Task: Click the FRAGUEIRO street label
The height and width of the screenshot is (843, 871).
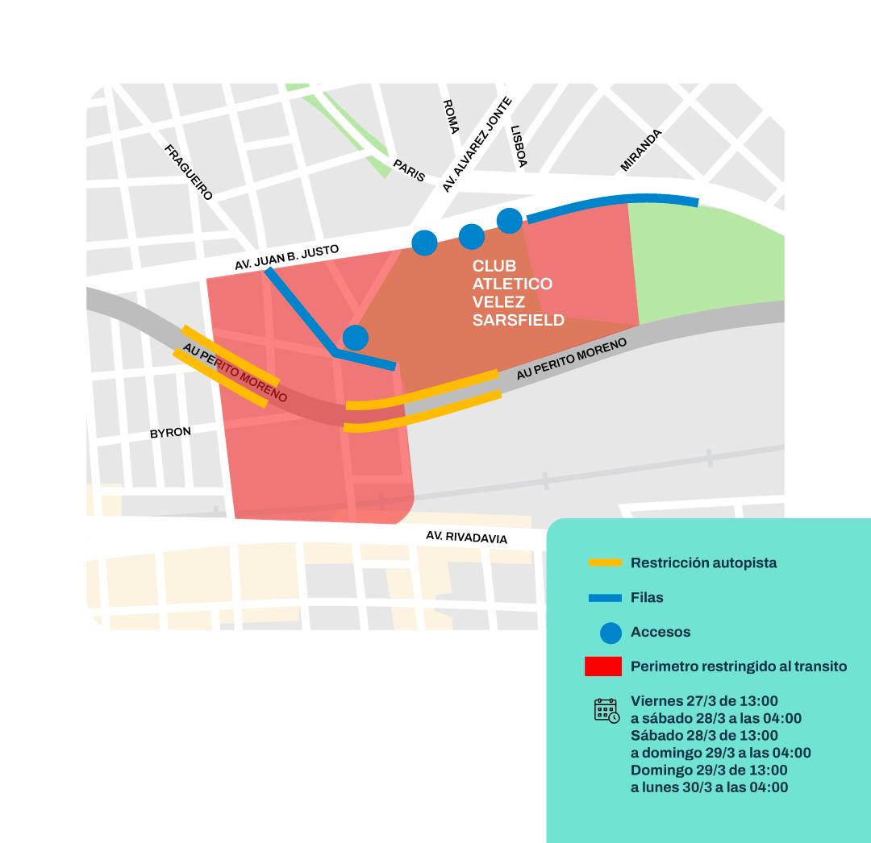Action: (189, 172)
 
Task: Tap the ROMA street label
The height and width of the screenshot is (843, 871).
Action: (450, 117)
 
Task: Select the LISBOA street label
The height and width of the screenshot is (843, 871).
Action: (519, 146)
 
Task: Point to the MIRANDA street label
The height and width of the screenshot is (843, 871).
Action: (640, 151)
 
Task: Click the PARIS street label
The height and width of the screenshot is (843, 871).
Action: (409, 170)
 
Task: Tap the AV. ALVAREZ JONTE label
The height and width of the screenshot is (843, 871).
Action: (477, 145)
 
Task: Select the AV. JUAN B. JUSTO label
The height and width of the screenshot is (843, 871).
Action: (286, 257)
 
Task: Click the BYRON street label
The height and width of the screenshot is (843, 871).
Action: (170, 433)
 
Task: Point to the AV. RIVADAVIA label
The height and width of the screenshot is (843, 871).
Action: (466, 537)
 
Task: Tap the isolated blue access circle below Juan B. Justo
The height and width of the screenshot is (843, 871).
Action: (355, 337)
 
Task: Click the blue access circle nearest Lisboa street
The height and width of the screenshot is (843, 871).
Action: (509, 220)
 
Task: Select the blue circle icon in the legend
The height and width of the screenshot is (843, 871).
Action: (611, 633)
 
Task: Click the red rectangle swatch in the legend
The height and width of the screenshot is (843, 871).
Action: (603, 667)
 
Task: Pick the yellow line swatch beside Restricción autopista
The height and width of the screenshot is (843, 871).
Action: (605, 563)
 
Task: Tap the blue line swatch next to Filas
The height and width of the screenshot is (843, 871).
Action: (605, 598)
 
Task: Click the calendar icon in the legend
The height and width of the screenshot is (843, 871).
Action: (606, 710)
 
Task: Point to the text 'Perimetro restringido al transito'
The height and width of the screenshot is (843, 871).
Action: (738, 667)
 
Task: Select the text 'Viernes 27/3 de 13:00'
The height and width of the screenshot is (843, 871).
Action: (704, 700)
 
